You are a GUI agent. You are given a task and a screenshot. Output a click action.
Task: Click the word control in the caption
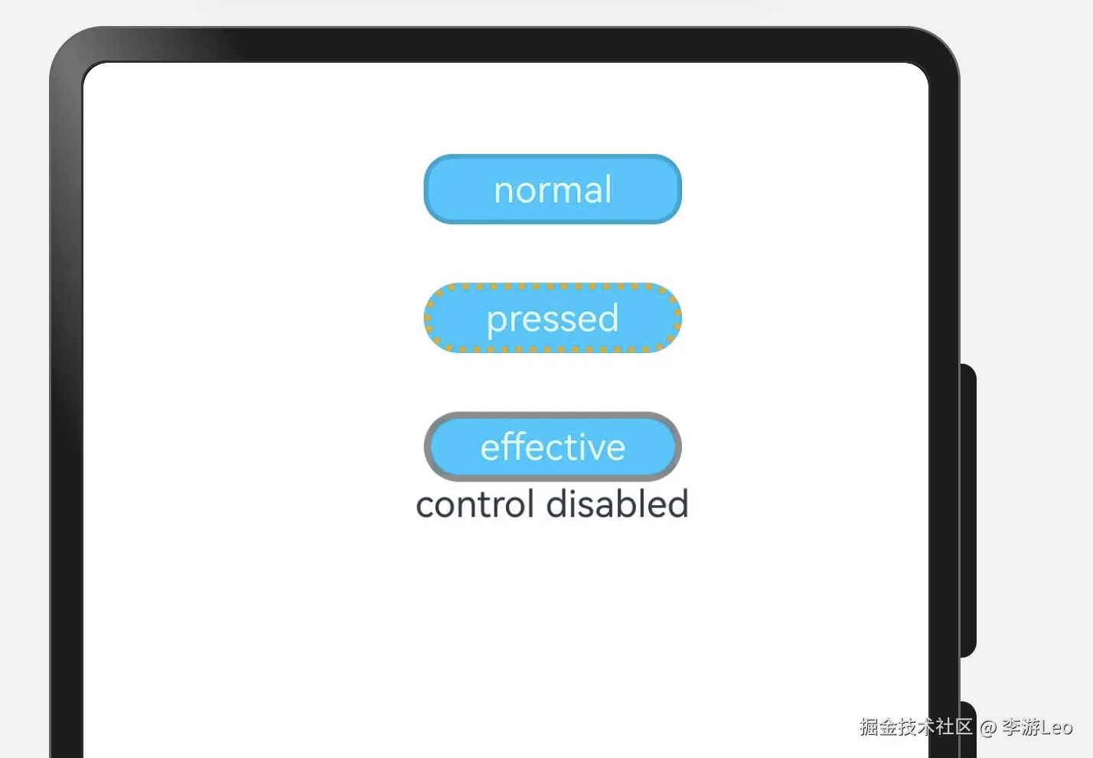(x=475, y=505)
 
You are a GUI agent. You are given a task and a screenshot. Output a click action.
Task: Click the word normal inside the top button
(x=552, y=189)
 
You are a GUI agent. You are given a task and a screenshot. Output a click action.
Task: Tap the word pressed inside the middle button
(x=552, y=319)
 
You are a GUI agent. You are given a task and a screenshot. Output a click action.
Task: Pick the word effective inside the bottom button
(x=552, y=447)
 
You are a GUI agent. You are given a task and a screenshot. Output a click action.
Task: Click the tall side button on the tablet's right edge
(x=968, y=510)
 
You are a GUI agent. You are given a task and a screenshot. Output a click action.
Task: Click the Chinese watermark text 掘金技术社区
(x=915, y=727)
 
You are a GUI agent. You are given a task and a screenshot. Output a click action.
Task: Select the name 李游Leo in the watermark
(x=1037, y=727)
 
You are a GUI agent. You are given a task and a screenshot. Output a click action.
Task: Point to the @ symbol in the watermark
(x=987, y=727)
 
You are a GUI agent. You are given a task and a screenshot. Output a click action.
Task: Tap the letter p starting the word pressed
(x=496, y=321)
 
